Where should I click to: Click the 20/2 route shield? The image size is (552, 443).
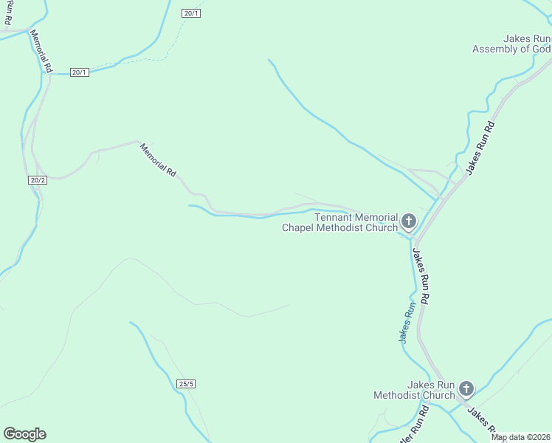coord(38,180)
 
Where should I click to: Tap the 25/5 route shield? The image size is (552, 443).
coord(187,383)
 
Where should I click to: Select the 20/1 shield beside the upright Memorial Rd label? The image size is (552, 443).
coord(80,72)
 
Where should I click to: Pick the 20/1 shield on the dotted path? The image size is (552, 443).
coord(190,13)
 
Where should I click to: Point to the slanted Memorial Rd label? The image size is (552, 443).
coord(159,159)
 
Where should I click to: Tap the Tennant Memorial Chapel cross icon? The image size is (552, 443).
coord(408,221)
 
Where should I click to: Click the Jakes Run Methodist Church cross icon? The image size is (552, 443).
coord(466,388)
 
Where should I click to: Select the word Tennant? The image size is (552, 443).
coord(334,217)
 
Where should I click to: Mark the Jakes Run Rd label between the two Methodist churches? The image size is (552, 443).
coord(421,278)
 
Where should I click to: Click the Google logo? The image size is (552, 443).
coord(24,434)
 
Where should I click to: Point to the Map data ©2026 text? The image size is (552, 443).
coord(521,437)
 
